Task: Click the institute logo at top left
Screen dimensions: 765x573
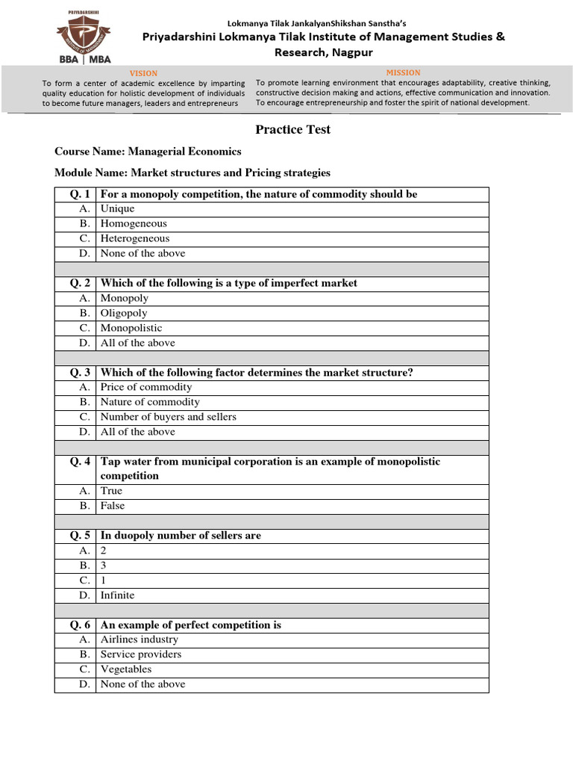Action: [x=83, y=34]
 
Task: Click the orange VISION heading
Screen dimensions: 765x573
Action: [x=143, y=73]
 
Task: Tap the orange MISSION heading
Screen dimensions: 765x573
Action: [x=403, y=72]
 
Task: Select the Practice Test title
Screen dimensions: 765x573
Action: [x=292, y=129]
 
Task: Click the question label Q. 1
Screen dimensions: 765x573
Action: [x=80, y=194]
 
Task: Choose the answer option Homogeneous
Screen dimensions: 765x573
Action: [x=134, y=223]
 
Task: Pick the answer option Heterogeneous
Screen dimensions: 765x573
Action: [x=135, y=238]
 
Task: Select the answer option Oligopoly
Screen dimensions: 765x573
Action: [x=124, y=313]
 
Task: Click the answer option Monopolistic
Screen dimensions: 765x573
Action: [x=131, y=328]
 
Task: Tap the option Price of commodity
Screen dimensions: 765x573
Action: [x=146, y=387]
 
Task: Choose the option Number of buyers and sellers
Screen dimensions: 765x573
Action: [x=168, y=417]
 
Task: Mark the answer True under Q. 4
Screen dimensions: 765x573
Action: [x=111, y=491]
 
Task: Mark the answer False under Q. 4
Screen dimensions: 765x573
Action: [x=113, y=506]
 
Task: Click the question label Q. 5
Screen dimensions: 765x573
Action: [x=80, y=536]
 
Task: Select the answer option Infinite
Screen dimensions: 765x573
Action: [x=118, y=595]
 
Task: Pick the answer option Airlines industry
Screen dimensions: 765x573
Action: [x=140, y=639]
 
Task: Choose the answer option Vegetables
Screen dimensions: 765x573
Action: [x=126, y=669]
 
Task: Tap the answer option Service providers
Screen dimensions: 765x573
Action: [x=141, y=654]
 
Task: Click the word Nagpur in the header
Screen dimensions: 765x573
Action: [x=345, y=52]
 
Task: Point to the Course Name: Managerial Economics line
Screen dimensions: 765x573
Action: [x=148, y=151]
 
